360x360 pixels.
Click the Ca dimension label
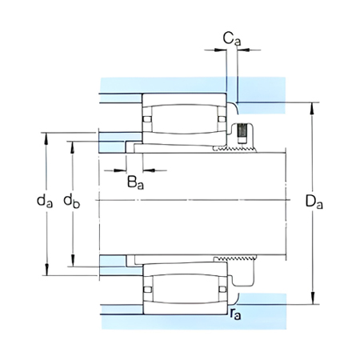click(232, 39)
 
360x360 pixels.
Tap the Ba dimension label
click(135, 182)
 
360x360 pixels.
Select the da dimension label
click(45, 201)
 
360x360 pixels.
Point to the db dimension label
click(71, 201)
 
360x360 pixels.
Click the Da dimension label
click(314, 202)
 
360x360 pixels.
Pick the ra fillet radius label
click(236, 314)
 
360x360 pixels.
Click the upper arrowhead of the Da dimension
click(313, 108)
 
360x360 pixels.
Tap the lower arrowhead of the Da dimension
click(313, 298)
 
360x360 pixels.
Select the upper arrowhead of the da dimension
click(46, 138)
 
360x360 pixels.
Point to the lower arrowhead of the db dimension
click(72, 261)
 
